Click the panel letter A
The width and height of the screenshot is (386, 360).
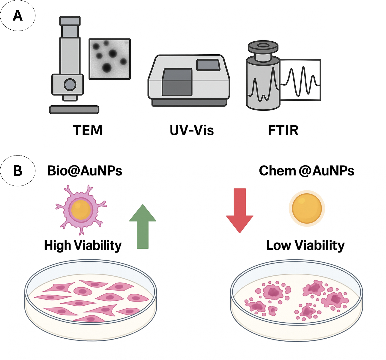(x=18, y=16)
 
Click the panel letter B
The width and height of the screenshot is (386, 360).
(x=18, y=171)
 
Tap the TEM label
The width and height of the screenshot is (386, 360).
(x=88, y=130)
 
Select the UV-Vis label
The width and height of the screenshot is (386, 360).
(x=192, y=130)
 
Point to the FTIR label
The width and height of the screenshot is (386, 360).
(x=283, y=130)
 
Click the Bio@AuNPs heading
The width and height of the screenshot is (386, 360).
(x=85, y=171)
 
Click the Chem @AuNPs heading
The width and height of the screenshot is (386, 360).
(x=306, y=171)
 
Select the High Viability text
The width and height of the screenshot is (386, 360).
(x=83, y=246)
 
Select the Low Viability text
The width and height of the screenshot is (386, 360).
(x=305, y=246)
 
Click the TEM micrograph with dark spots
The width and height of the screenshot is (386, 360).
(x=110, y=59)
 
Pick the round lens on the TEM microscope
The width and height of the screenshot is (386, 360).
(x=70, y=84)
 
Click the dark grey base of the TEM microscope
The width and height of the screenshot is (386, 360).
(x=74, y=110)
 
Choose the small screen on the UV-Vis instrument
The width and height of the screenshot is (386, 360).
(x=208, y=65)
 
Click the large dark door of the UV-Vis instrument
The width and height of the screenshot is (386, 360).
(x=177, y=82)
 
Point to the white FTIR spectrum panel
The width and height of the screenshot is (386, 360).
(x=300, y=80)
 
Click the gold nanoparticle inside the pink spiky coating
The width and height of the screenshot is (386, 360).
(x=81, y=210)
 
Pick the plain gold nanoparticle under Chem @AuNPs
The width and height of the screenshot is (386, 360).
(x=307, y=208)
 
